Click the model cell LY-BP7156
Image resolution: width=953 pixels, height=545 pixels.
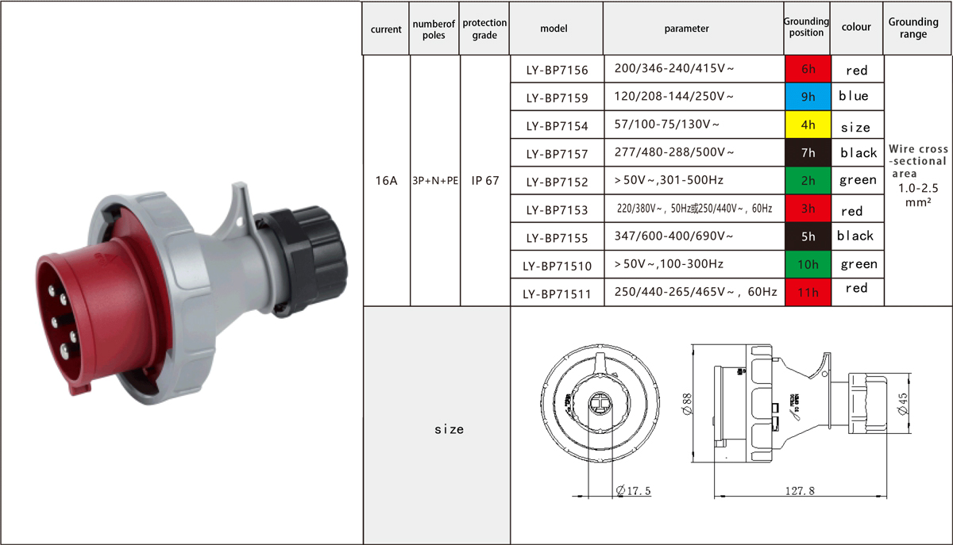coord(557,70)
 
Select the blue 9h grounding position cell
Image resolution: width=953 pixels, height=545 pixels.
coord(808,97)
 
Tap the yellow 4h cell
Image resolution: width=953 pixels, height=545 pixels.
coord(808,125)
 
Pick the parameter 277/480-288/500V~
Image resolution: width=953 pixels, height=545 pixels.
coord(674,152)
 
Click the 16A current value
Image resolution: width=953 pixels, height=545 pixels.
coord(386,181)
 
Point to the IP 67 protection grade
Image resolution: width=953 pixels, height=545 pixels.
coord(484,181)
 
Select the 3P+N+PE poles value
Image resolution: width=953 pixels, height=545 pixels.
coord(435,181)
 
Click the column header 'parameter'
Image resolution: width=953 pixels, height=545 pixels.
coord(686,29)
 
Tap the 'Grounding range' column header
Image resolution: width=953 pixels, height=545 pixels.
coord(913,28)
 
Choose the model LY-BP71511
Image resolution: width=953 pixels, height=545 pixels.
coord(557,294)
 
